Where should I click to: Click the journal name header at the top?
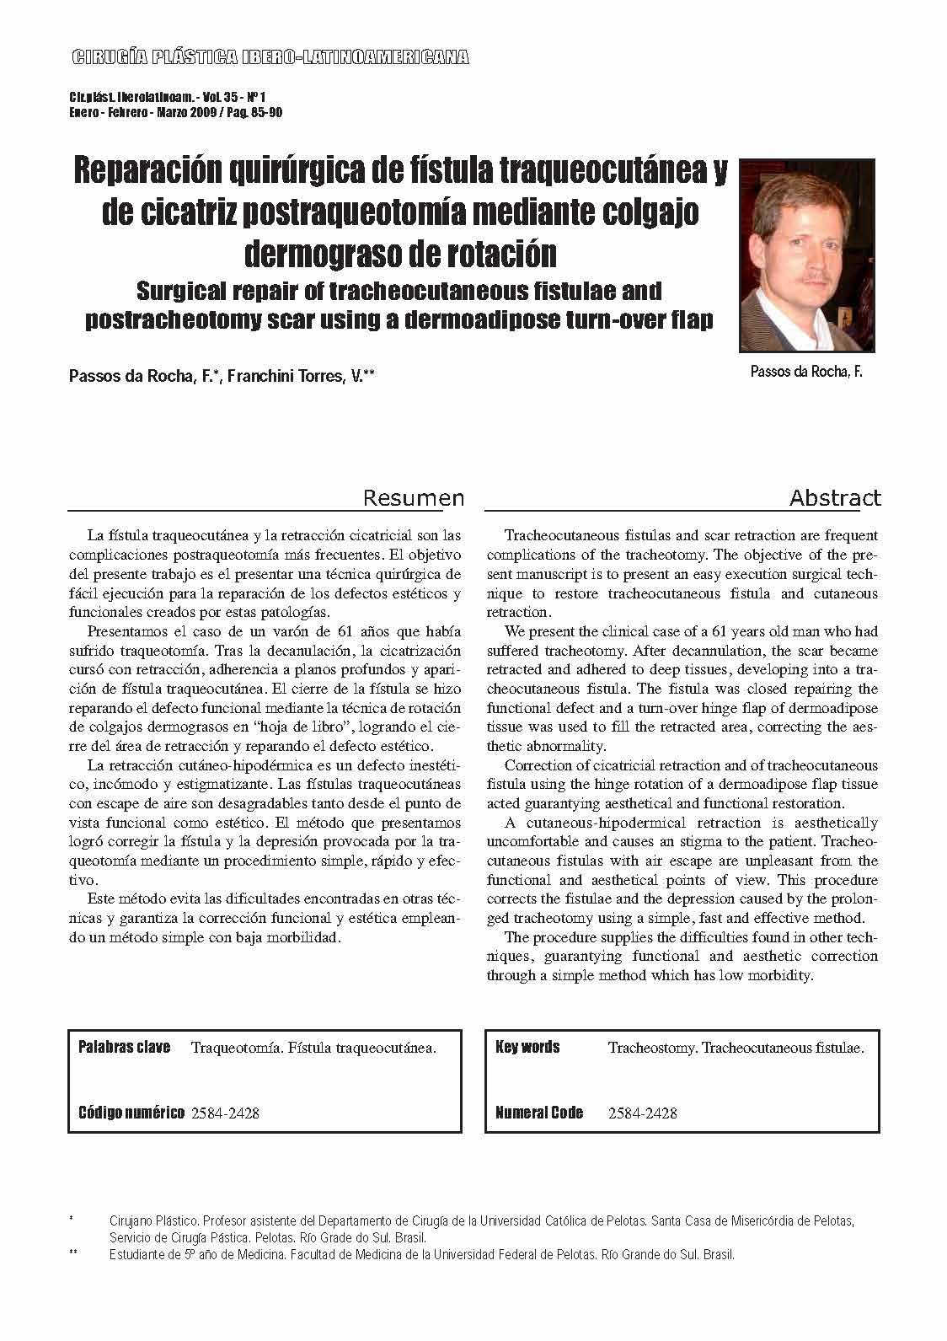pyautogui.click(x=270, y=57)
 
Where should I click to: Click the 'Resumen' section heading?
pyautogui.click(x=413, y=498)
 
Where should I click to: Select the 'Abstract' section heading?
pyautogui.click(x=834, y=498)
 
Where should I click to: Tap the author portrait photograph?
pyautogui.click(x=807, y=255)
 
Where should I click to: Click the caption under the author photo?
pyautogui.click(x=806, y=372)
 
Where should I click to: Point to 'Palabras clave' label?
pyautogui.click(x=124, y=1048)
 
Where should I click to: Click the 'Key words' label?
pyautogui.click(x=528, y=1048)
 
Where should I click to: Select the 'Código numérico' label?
pyautogui.click(x=131, y=1113)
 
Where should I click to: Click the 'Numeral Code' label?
pyautogui.click(x=539, y=1113)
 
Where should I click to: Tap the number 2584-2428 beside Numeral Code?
pyautogui.click(x=642, y=1113)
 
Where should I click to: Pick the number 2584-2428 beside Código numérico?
pyautogui.click(x=225, y=1113)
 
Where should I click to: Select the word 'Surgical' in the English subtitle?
pyautogui.click(x=184, y=292)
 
